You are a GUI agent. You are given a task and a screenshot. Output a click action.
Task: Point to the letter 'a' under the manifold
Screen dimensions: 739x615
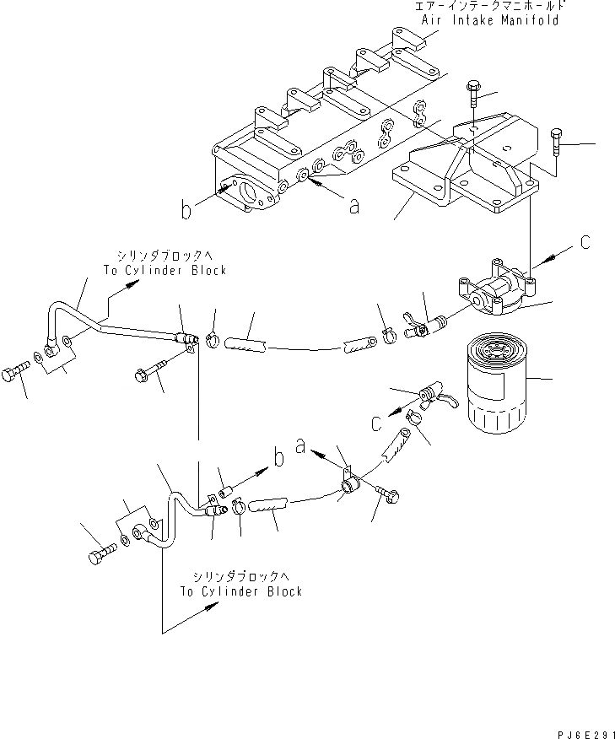354,203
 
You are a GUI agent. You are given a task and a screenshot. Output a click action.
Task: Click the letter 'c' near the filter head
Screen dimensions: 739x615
584,242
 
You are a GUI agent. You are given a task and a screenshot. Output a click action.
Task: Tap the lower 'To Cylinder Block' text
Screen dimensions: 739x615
241,591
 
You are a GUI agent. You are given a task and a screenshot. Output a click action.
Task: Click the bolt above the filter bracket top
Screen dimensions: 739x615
472,88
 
